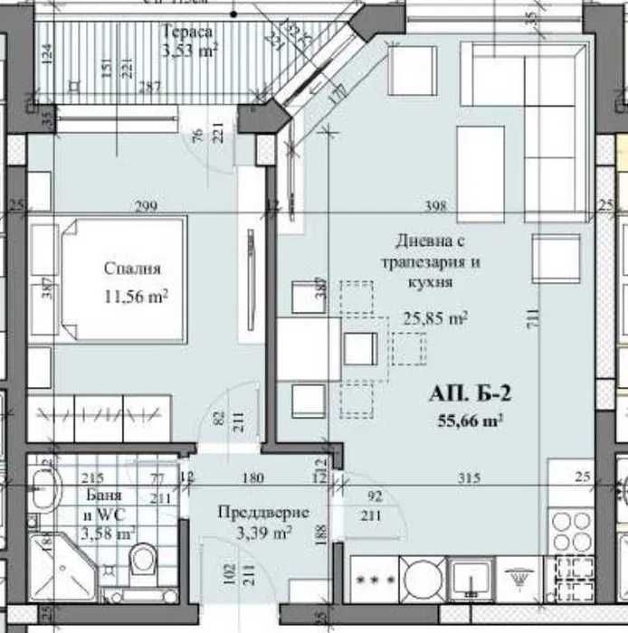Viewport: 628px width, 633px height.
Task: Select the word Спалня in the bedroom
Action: pyautogui.click(x=132, y=269)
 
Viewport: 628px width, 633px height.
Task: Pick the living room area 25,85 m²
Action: pyautogui.click(x=433, y=318)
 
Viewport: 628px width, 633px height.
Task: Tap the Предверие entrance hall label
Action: pyautogui.click(x=263, y=513)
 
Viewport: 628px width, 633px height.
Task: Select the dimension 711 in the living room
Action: pyautogui.click(x=533, y=318)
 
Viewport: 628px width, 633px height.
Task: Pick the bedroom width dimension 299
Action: pyautogui.click(x=146, y=207)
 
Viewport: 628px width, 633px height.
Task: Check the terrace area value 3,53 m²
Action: pyautogui.click(x=187, y=50)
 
